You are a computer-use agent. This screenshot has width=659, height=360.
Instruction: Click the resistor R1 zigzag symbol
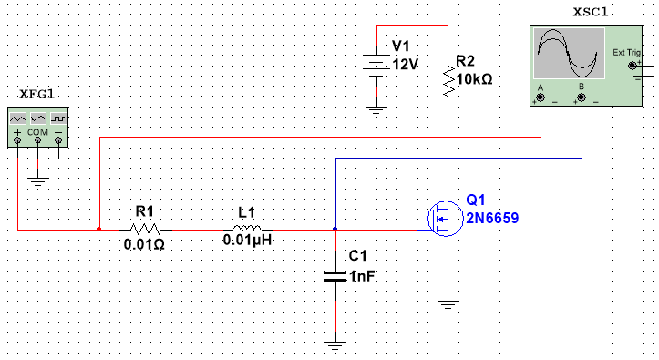(145, 229)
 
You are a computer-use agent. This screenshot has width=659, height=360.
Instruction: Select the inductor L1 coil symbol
(247, 229)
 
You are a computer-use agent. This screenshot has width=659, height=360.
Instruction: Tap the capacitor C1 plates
(336, 274)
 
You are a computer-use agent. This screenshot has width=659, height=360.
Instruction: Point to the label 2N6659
(492, 219)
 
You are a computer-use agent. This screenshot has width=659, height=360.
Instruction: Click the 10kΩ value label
(474, 79)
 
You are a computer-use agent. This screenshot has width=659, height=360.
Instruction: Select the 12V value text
(404, 65)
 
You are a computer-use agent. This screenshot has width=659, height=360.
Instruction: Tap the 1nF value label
(361, 276)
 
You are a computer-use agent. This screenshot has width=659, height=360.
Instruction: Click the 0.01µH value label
(247, 243)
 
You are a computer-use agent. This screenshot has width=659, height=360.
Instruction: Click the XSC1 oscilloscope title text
(592, 12)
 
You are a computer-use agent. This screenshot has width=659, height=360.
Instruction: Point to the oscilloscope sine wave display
(570, 54)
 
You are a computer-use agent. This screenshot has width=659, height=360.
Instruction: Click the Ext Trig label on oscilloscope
(627, 53)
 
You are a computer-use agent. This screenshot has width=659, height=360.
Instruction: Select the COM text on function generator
(37, 132)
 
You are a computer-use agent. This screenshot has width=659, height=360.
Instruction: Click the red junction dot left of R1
(98, 229)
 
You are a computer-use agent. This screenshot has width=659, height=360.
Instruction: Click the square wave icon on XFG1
(57, 118)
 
